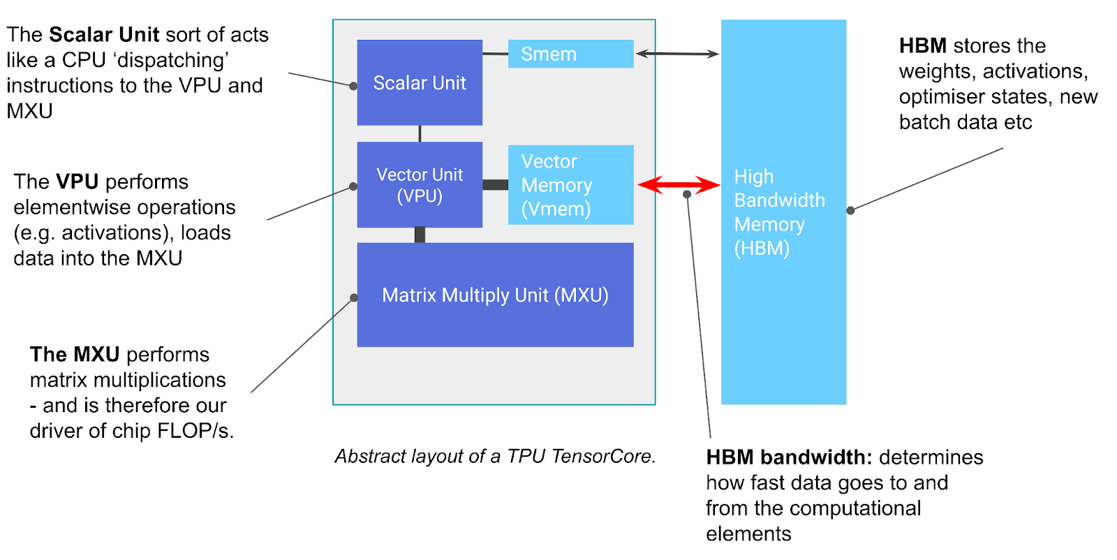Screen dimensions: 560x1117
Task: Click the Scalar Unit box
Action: pos(420,82)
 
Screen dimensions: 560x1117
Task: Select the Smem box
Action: pos(570,54)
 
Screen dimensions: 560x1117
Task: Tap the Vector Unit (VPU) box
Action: pos(420,185)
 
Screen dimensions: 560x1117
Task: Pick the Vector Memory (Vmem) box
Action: pos(570,185)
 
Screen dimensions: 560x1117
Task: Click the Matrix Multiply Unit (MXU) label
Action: pos(495,295)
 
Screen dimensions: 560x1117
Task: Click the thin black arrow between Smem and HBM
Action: pos(677,54)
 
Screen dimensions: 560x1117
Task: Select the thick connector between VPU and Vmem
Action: pos(495,185)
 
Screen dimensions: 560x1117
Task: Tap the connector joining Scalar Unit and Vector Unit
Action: pos(420,133)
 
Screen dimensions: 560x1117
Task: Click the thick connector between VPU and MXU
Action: pos(420,235)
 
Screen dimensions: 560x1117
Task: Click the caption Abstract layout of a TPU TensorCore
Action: pos(495,457)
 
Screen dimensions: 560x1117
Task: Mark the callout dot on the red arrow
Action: pos(687,194)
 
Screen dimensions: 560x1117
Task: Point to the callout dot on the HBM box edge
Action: pos(850,210)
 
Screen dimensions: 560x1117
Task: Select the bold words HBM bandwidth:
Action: pos(789,457)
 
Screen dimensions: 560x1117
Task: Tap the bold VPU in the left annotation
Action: pos(77,182)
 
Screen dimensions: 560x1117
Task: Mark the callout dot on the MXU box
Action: pos(354,297)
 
